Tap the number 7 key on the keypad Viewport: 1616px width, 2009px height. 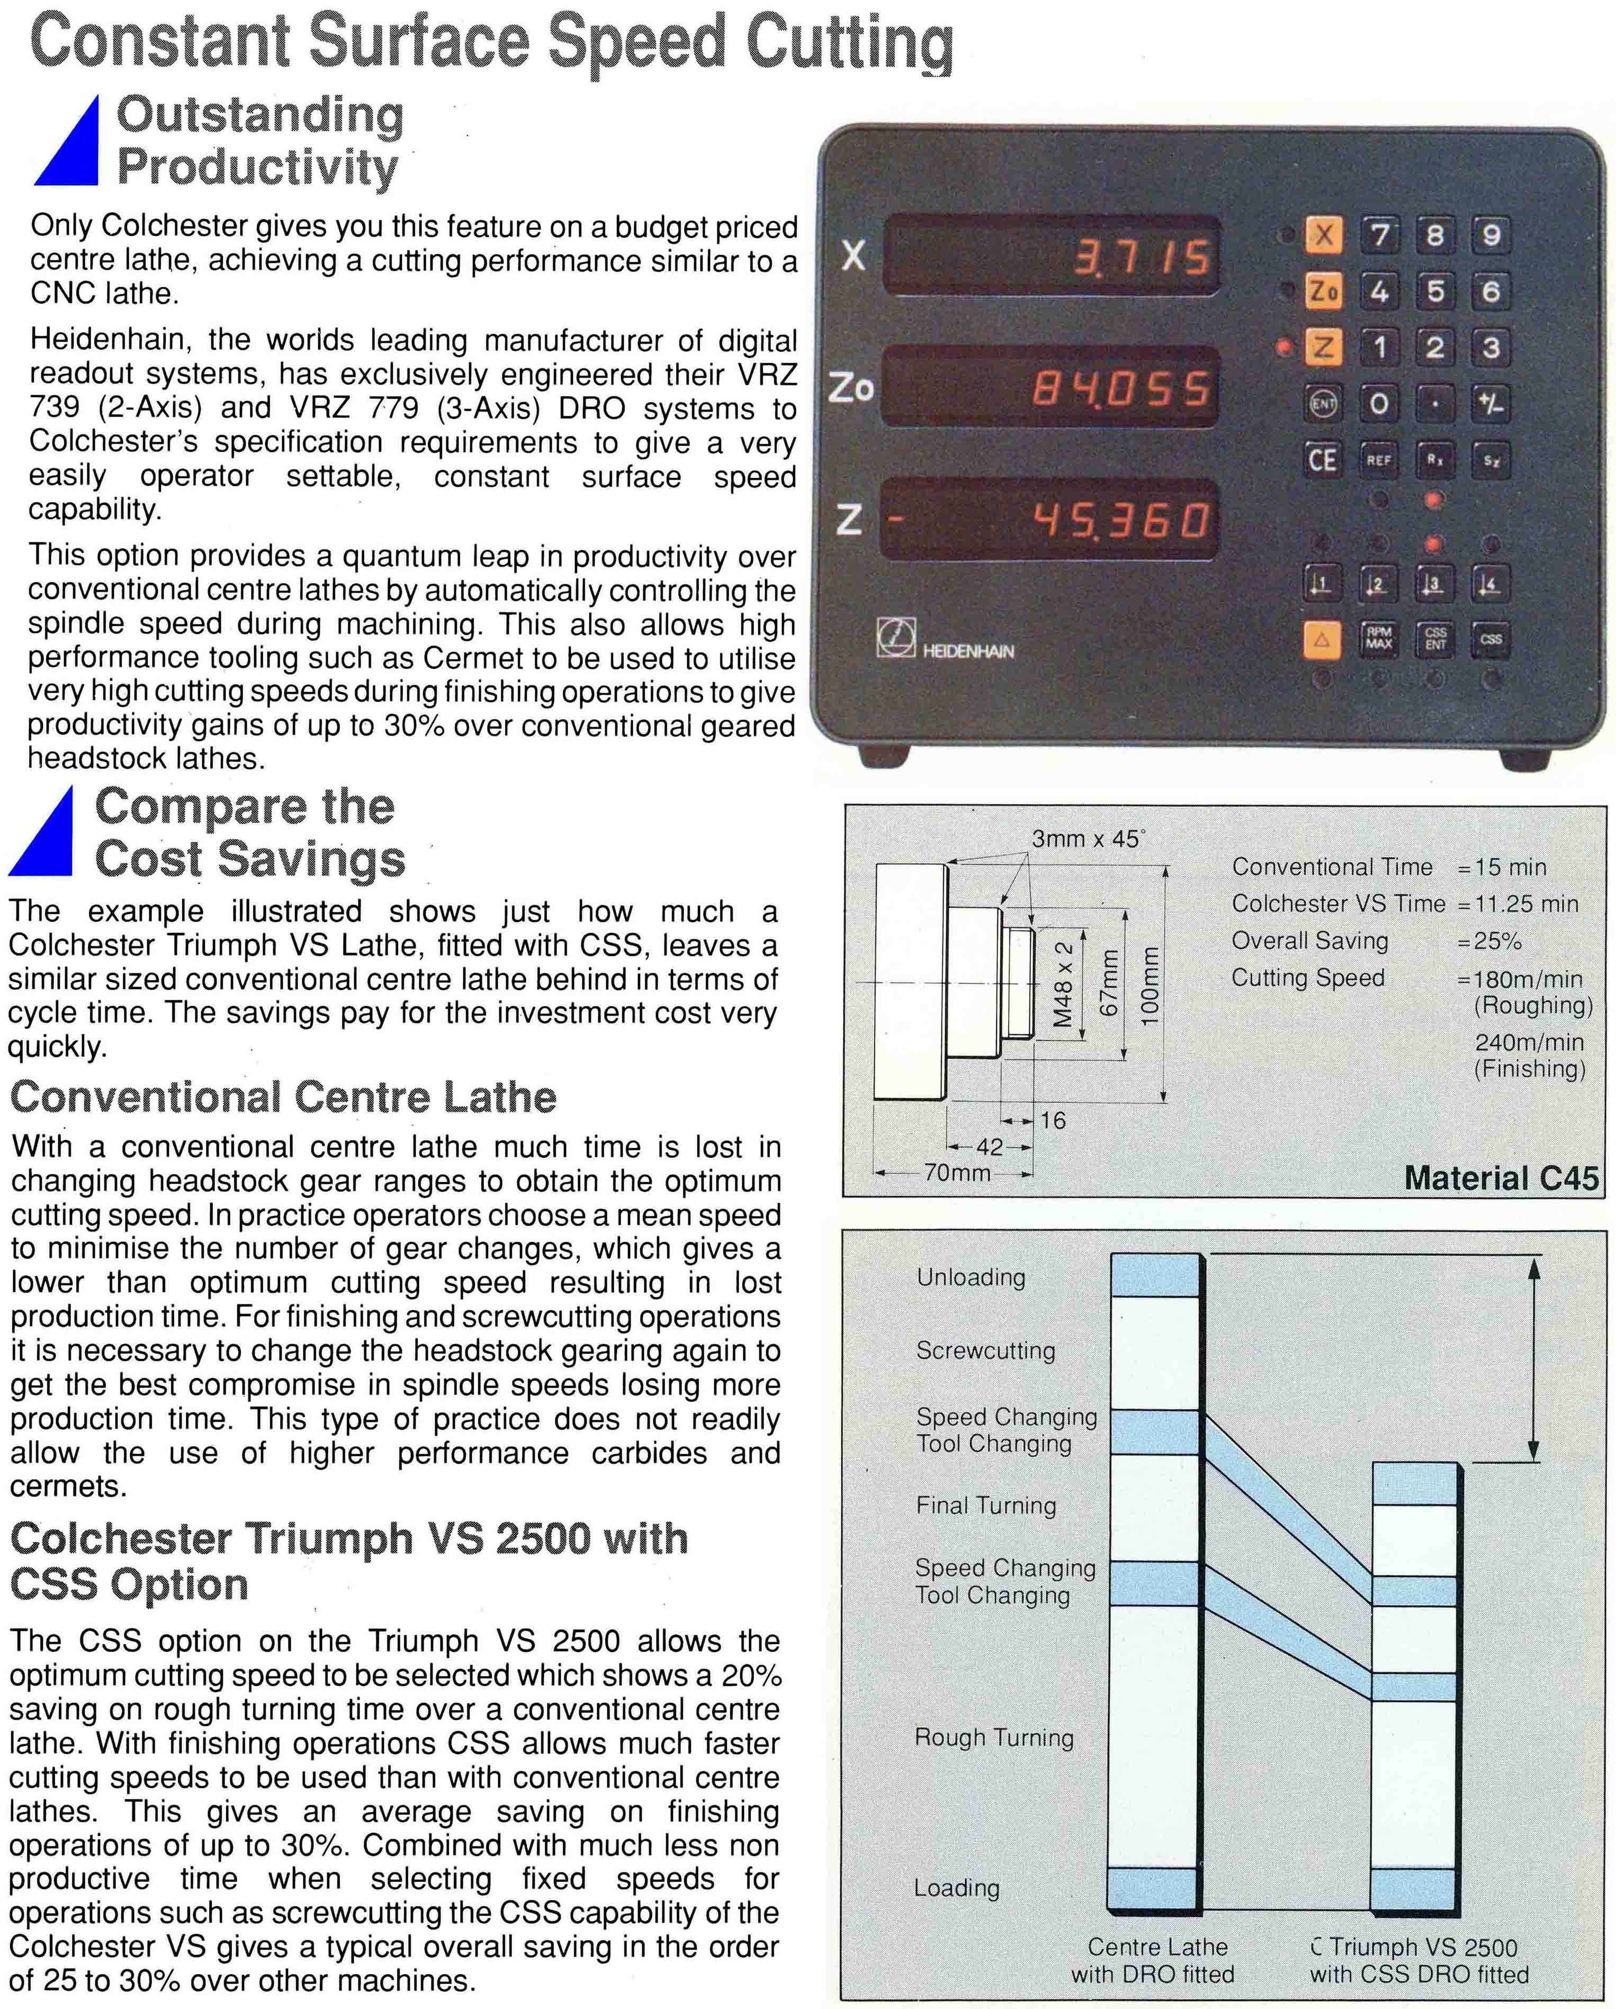tap(1379, 235)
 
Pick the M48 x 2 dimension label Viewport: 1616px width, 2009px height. tap(1063, 983)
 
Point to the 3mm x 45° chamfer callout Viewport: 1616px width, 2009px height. tap(1087, 839)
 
